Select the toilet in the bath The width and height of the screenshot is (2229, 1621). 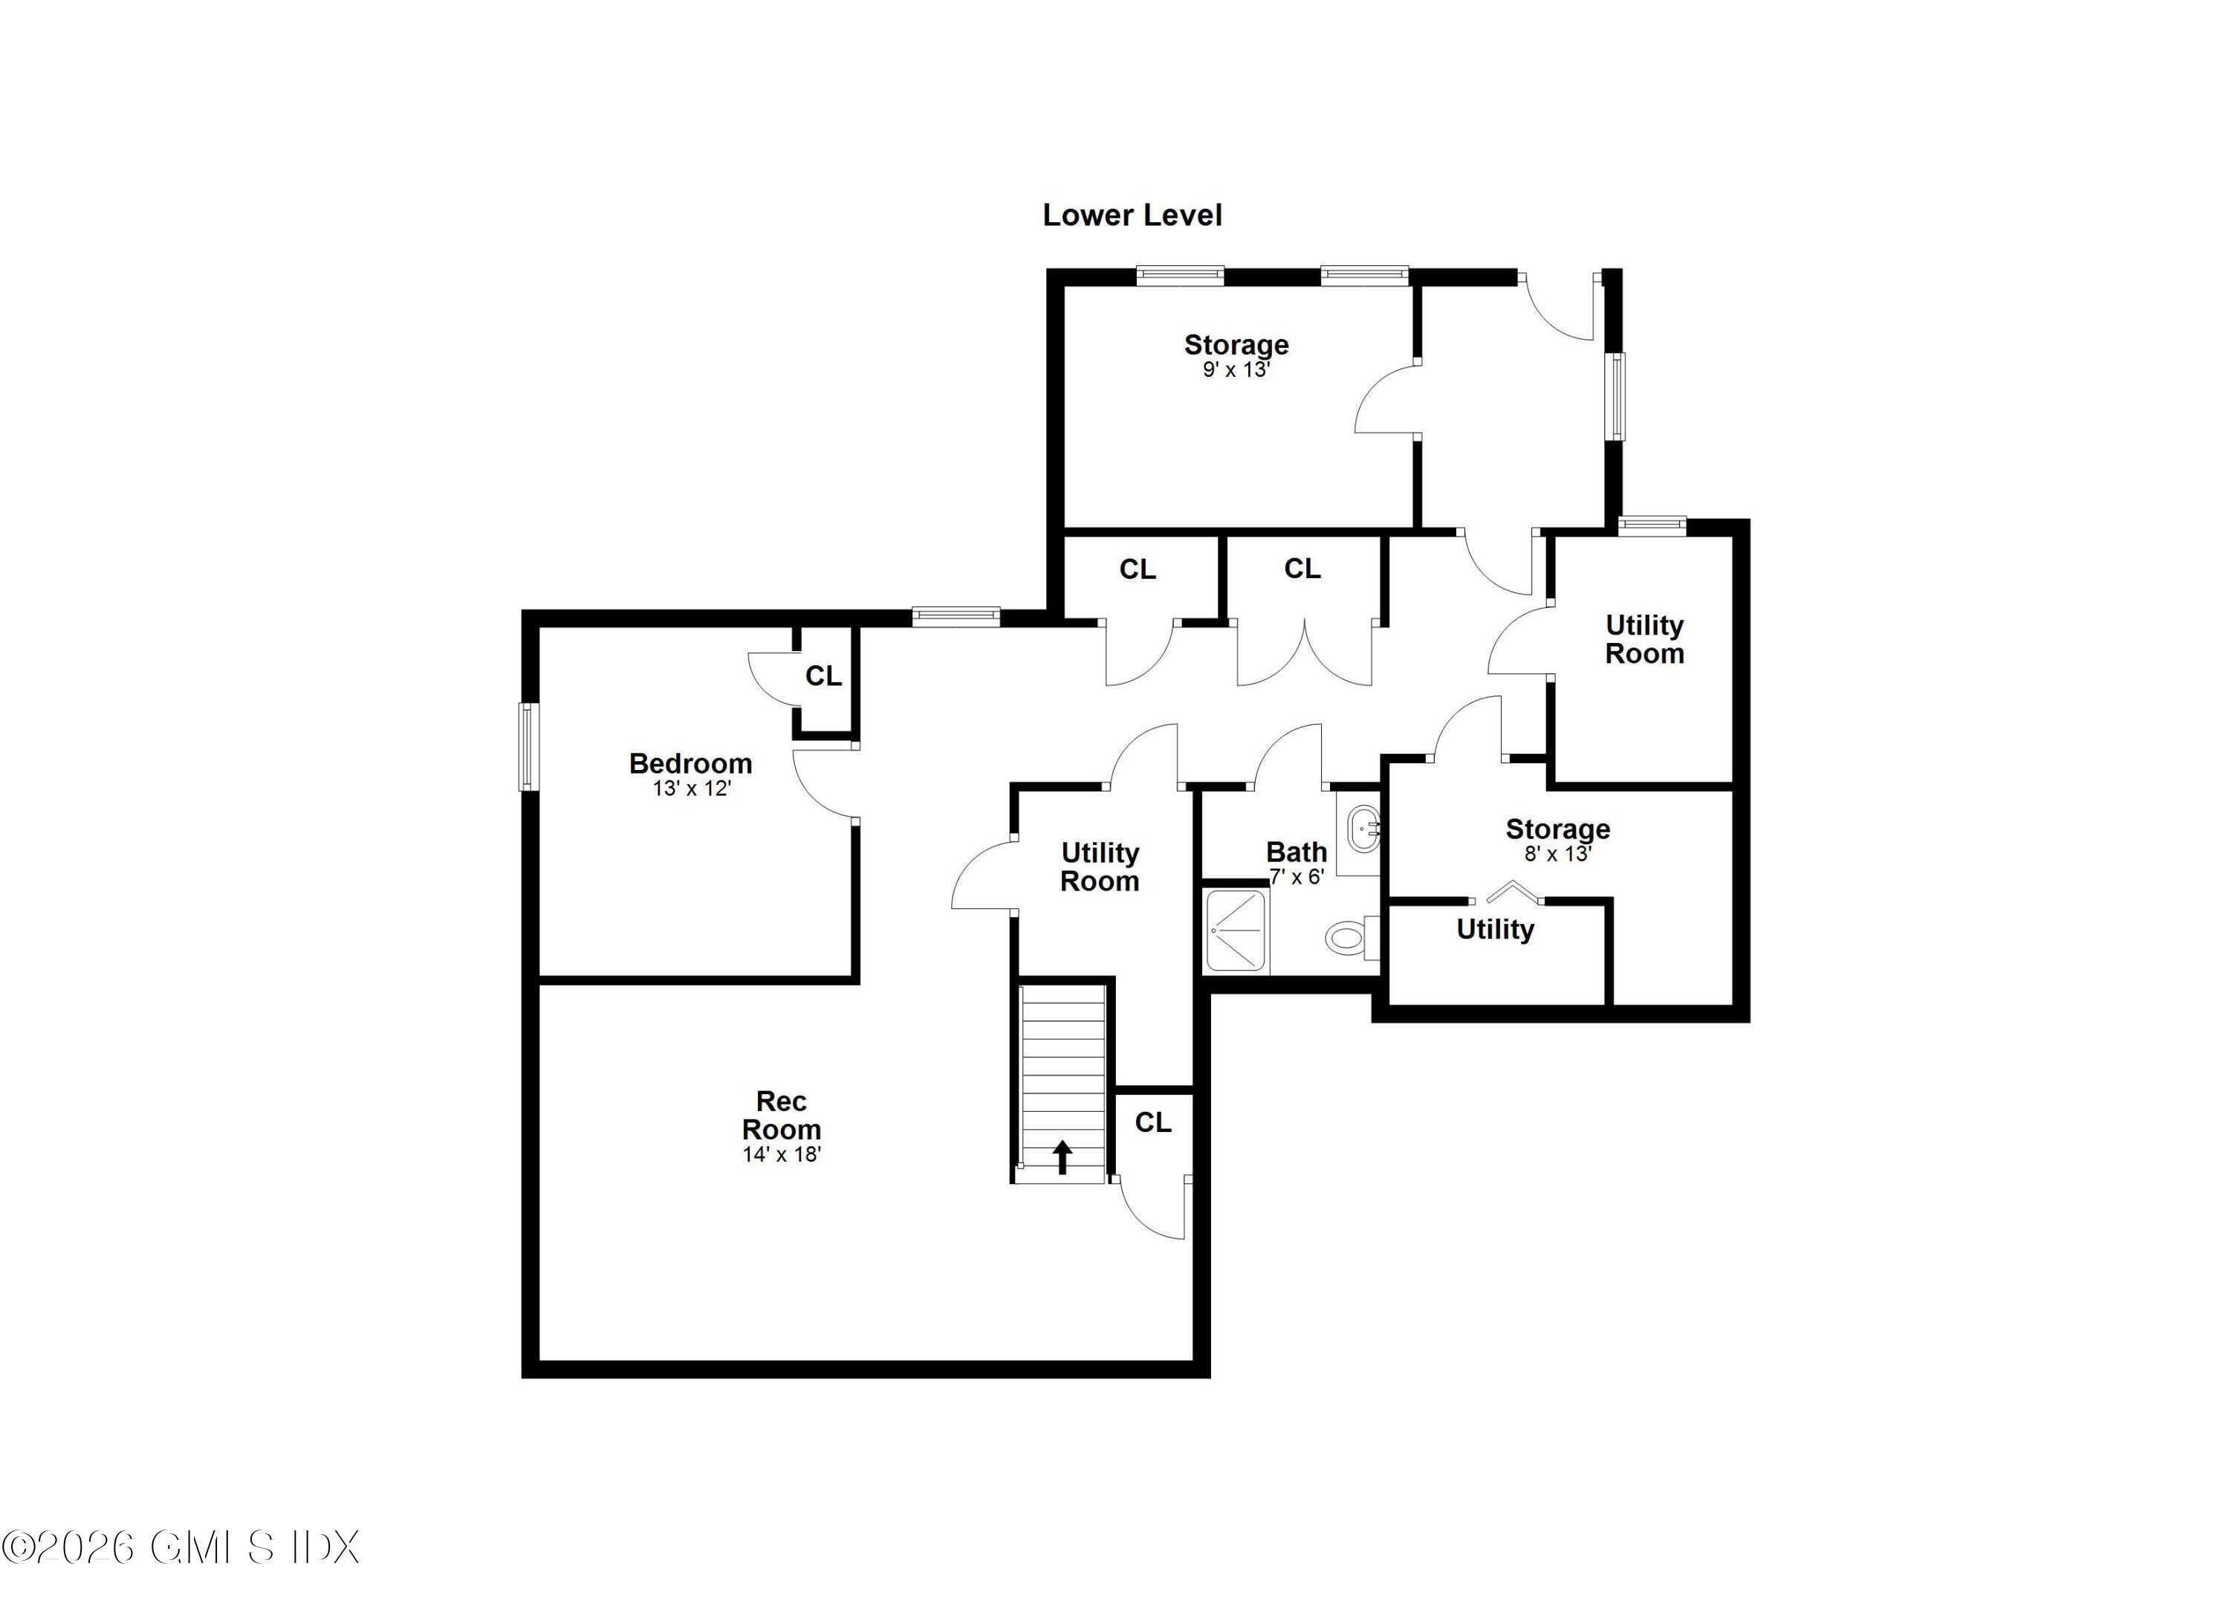tap(1349, 936)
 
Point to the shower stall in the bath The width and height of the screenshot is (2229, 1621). tap(1236, 929)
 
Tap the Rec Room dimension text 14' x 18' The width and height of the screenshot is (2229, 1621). tap(782, 1154)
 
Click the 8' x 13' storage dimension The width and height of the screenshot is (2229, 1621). tap(1557, 853)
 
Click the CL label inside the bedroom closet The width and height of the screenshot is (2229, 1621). tap(823, 676)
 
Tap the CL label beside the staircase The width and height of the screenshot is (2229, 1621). tap(1153, 1122)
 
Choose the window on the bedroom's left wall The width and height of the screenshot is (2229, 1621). tap(529, 746)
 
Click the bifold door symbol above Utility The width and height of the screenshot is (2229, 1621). tap(1508, 893)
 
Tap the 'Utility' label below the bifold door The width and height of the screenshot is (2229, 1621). tap(1494, 929)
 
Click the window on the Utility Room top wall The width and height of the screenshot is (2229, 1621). tap(1652, 526)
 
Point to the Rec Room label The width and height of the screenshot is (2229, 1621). tap(782, 1115)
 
